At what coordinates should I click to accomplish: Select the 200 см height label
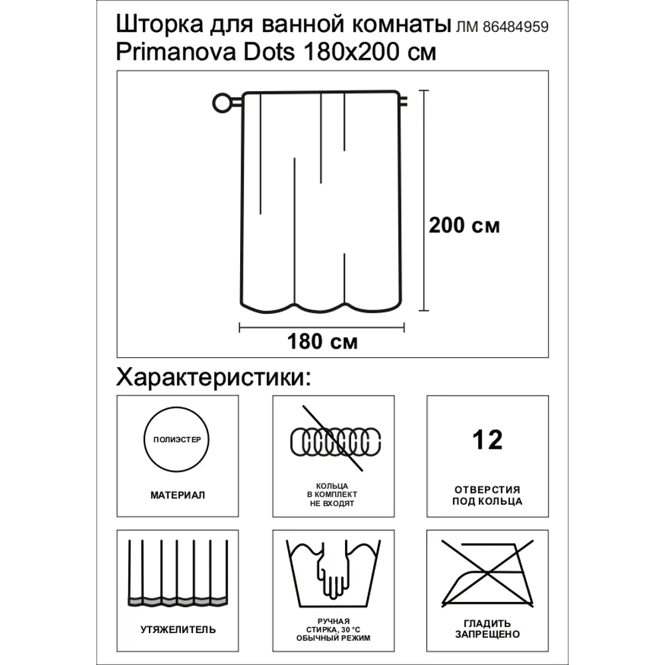pyautogui.click(x=464, y=225)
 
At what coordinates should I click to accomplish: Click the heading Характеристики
pyautogui.click(x=213, y=378)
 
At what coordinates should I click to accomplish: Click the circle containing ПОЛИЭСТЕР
pyautogui.click(x=177, y=440)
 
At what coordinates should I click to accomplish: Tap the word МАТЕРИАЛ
pyautogui.click(x=178, y=495)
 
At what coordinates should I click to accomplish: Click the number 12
pyautogui.click(x=487, y=440)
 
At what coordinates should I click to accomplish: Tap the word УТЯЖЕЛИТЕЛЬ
pyautogui.click(x=178, y=629)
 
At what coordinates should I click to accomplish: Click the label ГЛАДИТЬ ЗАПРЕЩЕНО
pyautogui.click(x=487, y=629)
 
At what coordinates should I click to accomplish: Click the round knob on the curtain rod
pyautogui.click(x=220, y=103)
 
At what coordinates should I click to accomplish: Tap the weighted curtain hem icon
pyautogui.click(x=178, y=572)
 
